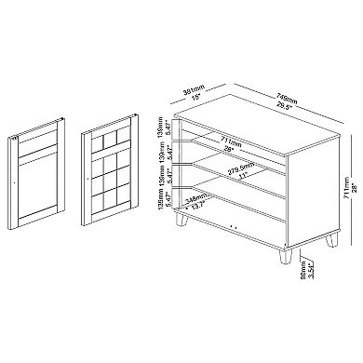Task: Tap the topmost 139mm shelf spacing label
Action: coord(160,128)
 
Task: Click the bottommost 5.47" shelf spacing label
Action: coord(167,208)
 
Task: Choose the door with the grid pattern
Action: coord(111,166)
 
